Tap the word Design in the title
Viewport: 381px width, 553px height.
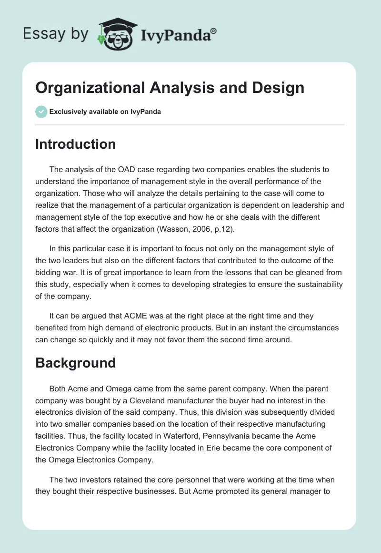point(279,88)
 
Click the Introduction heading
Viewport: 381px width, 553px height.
point(75,144)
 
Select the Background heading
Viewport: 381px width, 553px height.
point(75,363)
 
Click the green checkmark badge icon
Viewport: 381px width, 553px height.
point(41,112)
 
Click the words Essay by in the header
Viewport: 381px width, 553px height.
point(55,33)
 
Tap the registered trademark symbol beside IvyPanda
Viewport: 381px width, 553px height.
point(214,31)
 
